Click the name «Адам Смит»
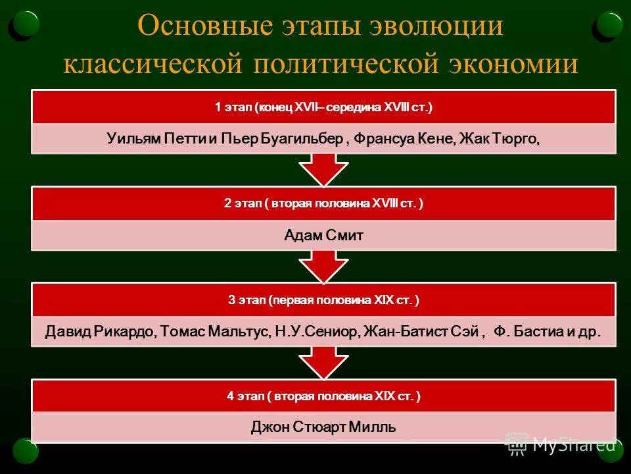point(323,236)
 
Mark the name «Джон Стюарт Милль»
point(323,428)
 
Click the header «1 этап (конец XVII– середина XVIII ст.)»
point(323,107)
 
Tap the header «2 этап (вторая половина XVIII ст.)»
point(323,203)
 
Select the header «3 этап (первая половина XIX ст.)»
point(323,300)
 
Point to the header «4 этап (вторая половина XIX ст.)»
point(323,396)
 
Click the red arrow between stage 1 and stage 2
point(323,170)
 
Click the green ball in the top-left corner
point(26,24)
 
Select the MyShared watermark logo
point(562,444)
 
